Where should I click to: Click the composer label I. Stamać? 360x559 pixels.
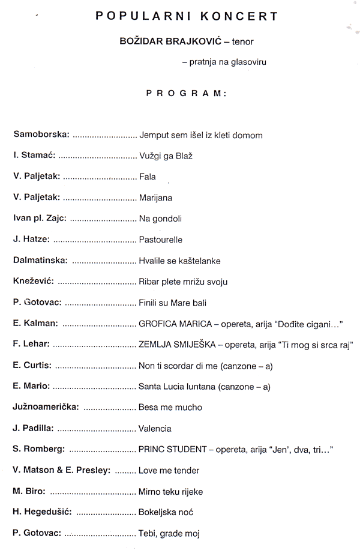(x=34, y=156)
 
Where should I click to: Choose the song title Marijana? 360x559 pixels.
(x=155, y=198)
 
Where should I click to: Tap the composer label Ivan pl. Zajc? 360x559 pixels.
(x=40, y=219)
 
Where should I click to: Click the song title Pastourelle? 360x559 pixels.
(x=160, y=240)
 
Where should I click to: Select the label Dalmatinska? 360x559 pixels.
(x=40, y=261)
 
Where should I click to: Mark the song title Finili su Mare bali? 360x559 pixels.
(x=173, y=303)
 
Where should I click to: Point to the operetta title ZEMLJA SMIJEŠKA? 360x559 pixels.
(x=177, y=345)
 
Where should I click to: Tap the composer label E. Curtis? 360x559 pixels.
(x=32, y=366)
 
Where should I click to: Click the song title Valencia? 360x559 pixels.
(x=155, y=429)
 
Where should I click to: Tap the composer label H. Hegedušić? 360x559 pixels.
(x=43, y=512)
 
